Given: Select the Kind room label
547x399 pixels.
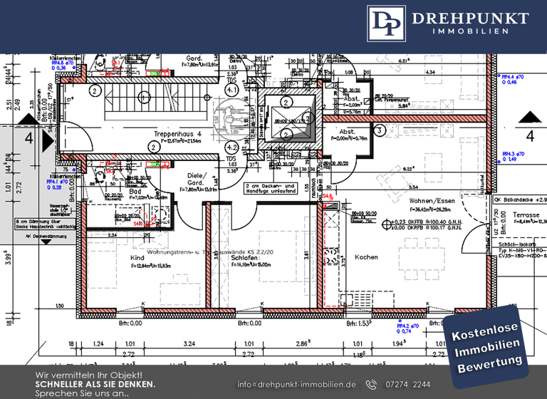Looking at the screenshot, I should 137,256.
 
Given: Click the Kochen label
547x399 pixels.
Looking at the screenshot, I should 366,257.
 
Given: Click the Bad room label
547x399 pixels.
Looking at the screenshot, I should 135,192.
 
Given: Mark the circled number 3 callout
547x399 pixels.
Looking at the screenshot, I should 380,130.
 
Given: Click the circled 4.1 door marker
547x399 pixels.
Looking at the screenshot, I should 153,148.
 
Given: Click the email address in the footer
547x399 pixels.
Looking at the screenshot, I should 296,385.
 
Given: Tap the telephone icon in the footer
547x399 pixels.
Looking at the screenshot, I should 371,385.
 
